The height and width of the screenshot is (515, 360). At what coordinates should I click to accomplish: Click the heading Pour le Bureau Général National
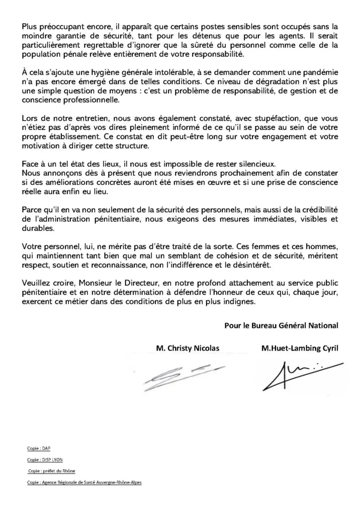(281, 325)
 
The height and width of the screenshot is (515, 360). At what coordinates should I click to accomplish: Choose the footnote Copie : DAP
(36, 448)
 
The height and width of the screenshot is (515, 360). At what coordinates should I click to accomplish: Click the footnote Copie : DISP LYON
(45, 460)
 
